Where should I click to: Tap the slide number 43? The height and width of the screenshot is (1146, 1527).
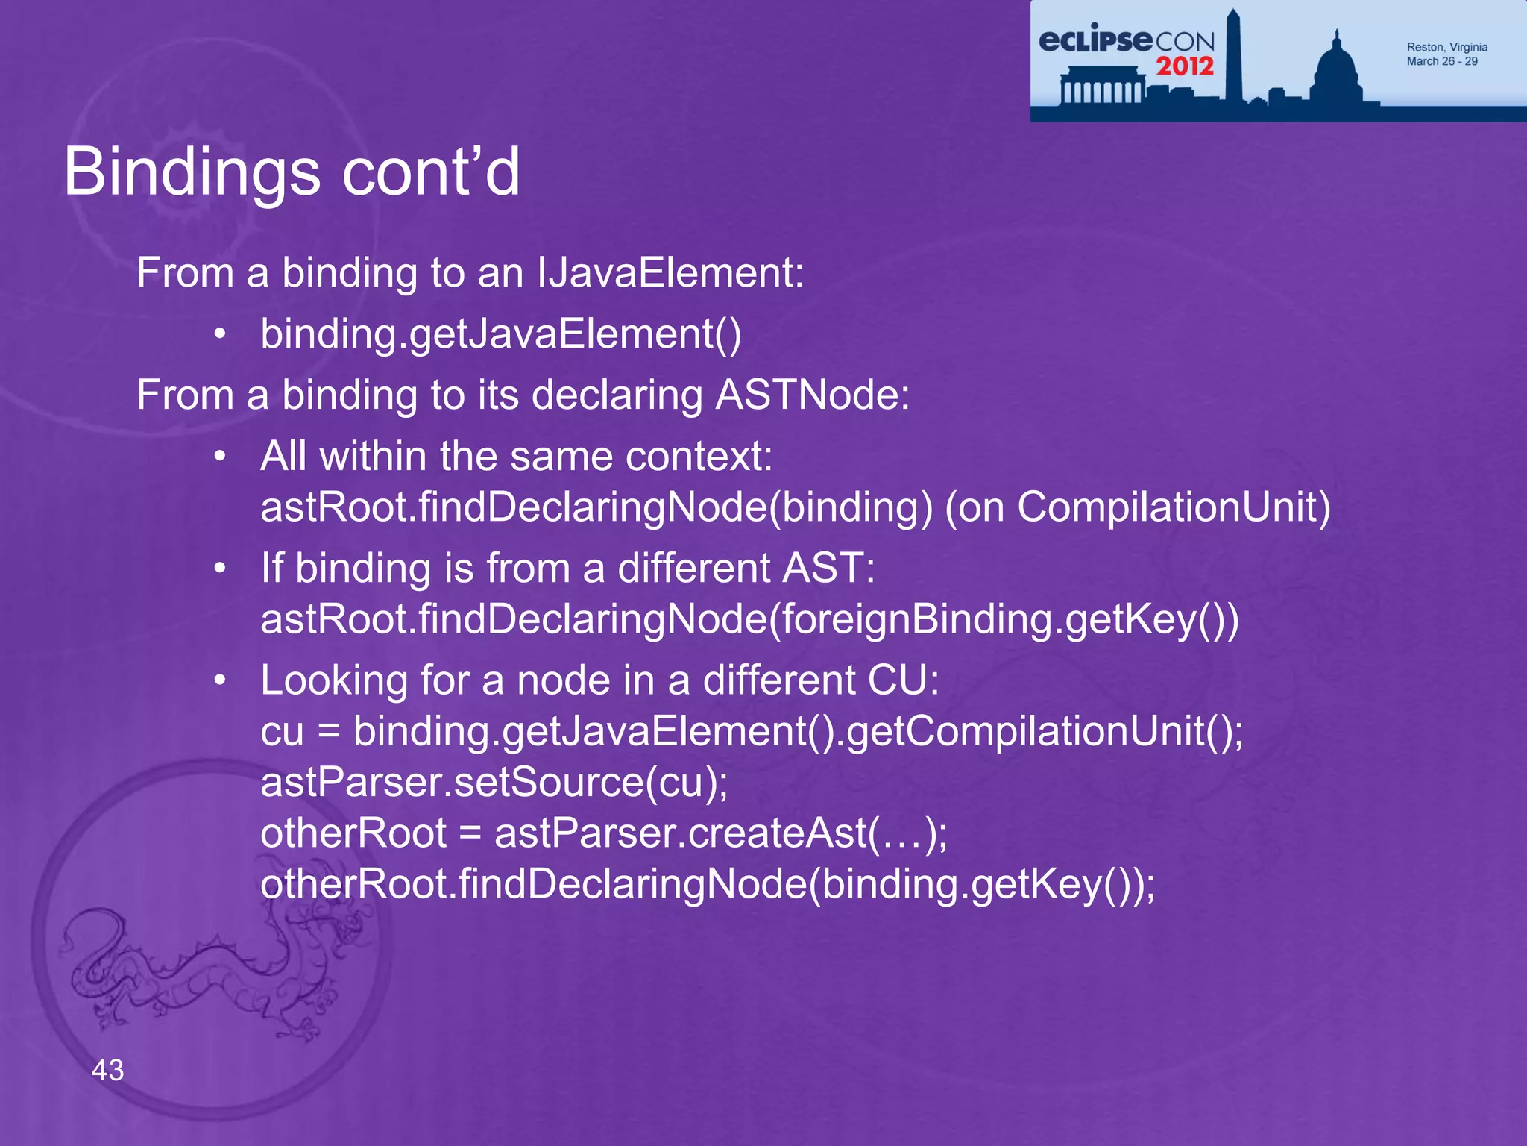pos(107,1070)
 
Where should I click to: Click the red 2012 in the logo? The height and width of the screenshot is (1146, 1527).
pos(1185,66)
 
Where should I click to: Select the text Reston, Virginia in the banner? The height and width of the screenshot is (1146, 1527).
pos(1446,47)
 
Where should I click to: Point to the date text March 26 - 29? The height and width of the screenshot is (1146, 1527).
pos(1441,61)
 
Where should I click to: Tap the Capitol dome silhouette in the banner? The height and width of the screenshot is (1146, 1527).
pos(1336,71)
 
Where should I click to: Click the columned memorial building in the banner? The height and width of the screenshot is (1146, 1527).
pos(1101,86)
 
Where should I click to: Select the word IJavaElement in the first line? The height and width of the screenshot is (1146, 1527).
pos(670,272)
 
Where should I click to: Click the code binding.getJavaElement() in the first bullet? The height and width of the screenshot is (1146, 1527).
pos(500,334)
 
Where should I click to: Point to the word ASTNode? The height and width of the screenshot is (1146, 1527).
pos(812,395)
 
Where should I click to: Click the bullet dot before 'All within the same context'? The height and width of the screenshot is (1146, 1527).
pos(219,456)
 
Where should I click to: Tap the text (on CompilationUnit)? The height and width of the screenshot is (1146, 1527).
pos(1136,507)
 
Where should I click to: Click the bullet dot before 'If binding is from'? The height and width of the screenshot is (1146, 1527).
pos(219,569)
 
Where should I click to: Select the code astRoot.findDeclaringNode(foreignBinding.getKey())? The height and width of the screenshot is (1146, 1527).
pos(749,619)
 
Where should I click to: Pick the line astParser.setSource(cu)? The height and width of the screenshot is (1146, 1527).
pos(494,782)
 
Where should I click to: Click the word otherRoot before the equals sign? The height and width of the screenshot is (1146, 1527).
pos(353,833)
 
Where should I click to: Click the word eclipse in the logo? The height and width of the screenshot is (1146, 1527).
pos(1095,40)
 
